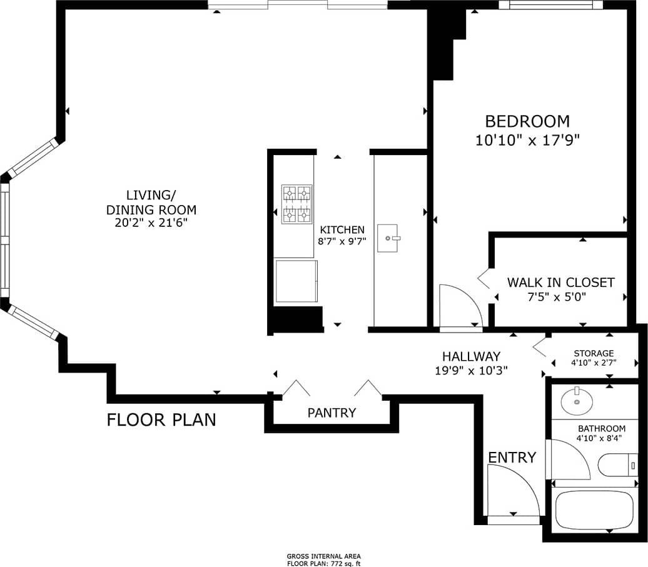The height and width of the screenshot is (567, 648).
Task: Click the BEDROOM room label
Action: pos(527,121)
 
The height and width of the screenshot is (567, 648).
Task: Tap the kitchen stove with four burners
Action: pos(296,204)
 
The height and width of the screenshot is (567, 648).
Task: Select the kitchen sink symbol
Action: pos(388,238)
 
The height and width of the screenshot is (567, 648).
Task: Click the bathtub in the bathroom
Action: pos(594,511)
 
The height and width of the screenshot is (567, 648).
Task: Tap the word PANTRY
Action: pos(332,413)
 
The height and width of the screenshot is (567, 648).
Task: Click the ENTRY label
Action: pos(512,458)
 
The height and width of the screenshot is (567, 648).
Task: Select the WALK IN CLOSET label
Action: pos(560,283)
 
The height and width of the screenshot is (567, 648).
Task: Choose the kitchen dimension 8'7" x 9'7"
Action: pos(342,241)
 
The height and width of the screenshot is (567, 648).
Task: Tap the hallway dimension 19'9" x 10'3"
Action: pos(472,369)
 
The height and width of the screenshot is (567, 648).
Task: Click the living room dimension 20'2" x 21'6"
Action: pos(151,222)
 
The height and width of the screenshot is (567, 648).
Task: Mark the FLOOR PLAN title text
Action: pos(161,419)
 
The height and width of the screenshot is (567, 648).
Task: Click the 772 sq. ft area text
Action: pos(323,562)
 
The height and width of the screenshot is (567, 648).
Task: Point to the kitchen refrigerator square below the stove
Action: pos(296,281)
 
